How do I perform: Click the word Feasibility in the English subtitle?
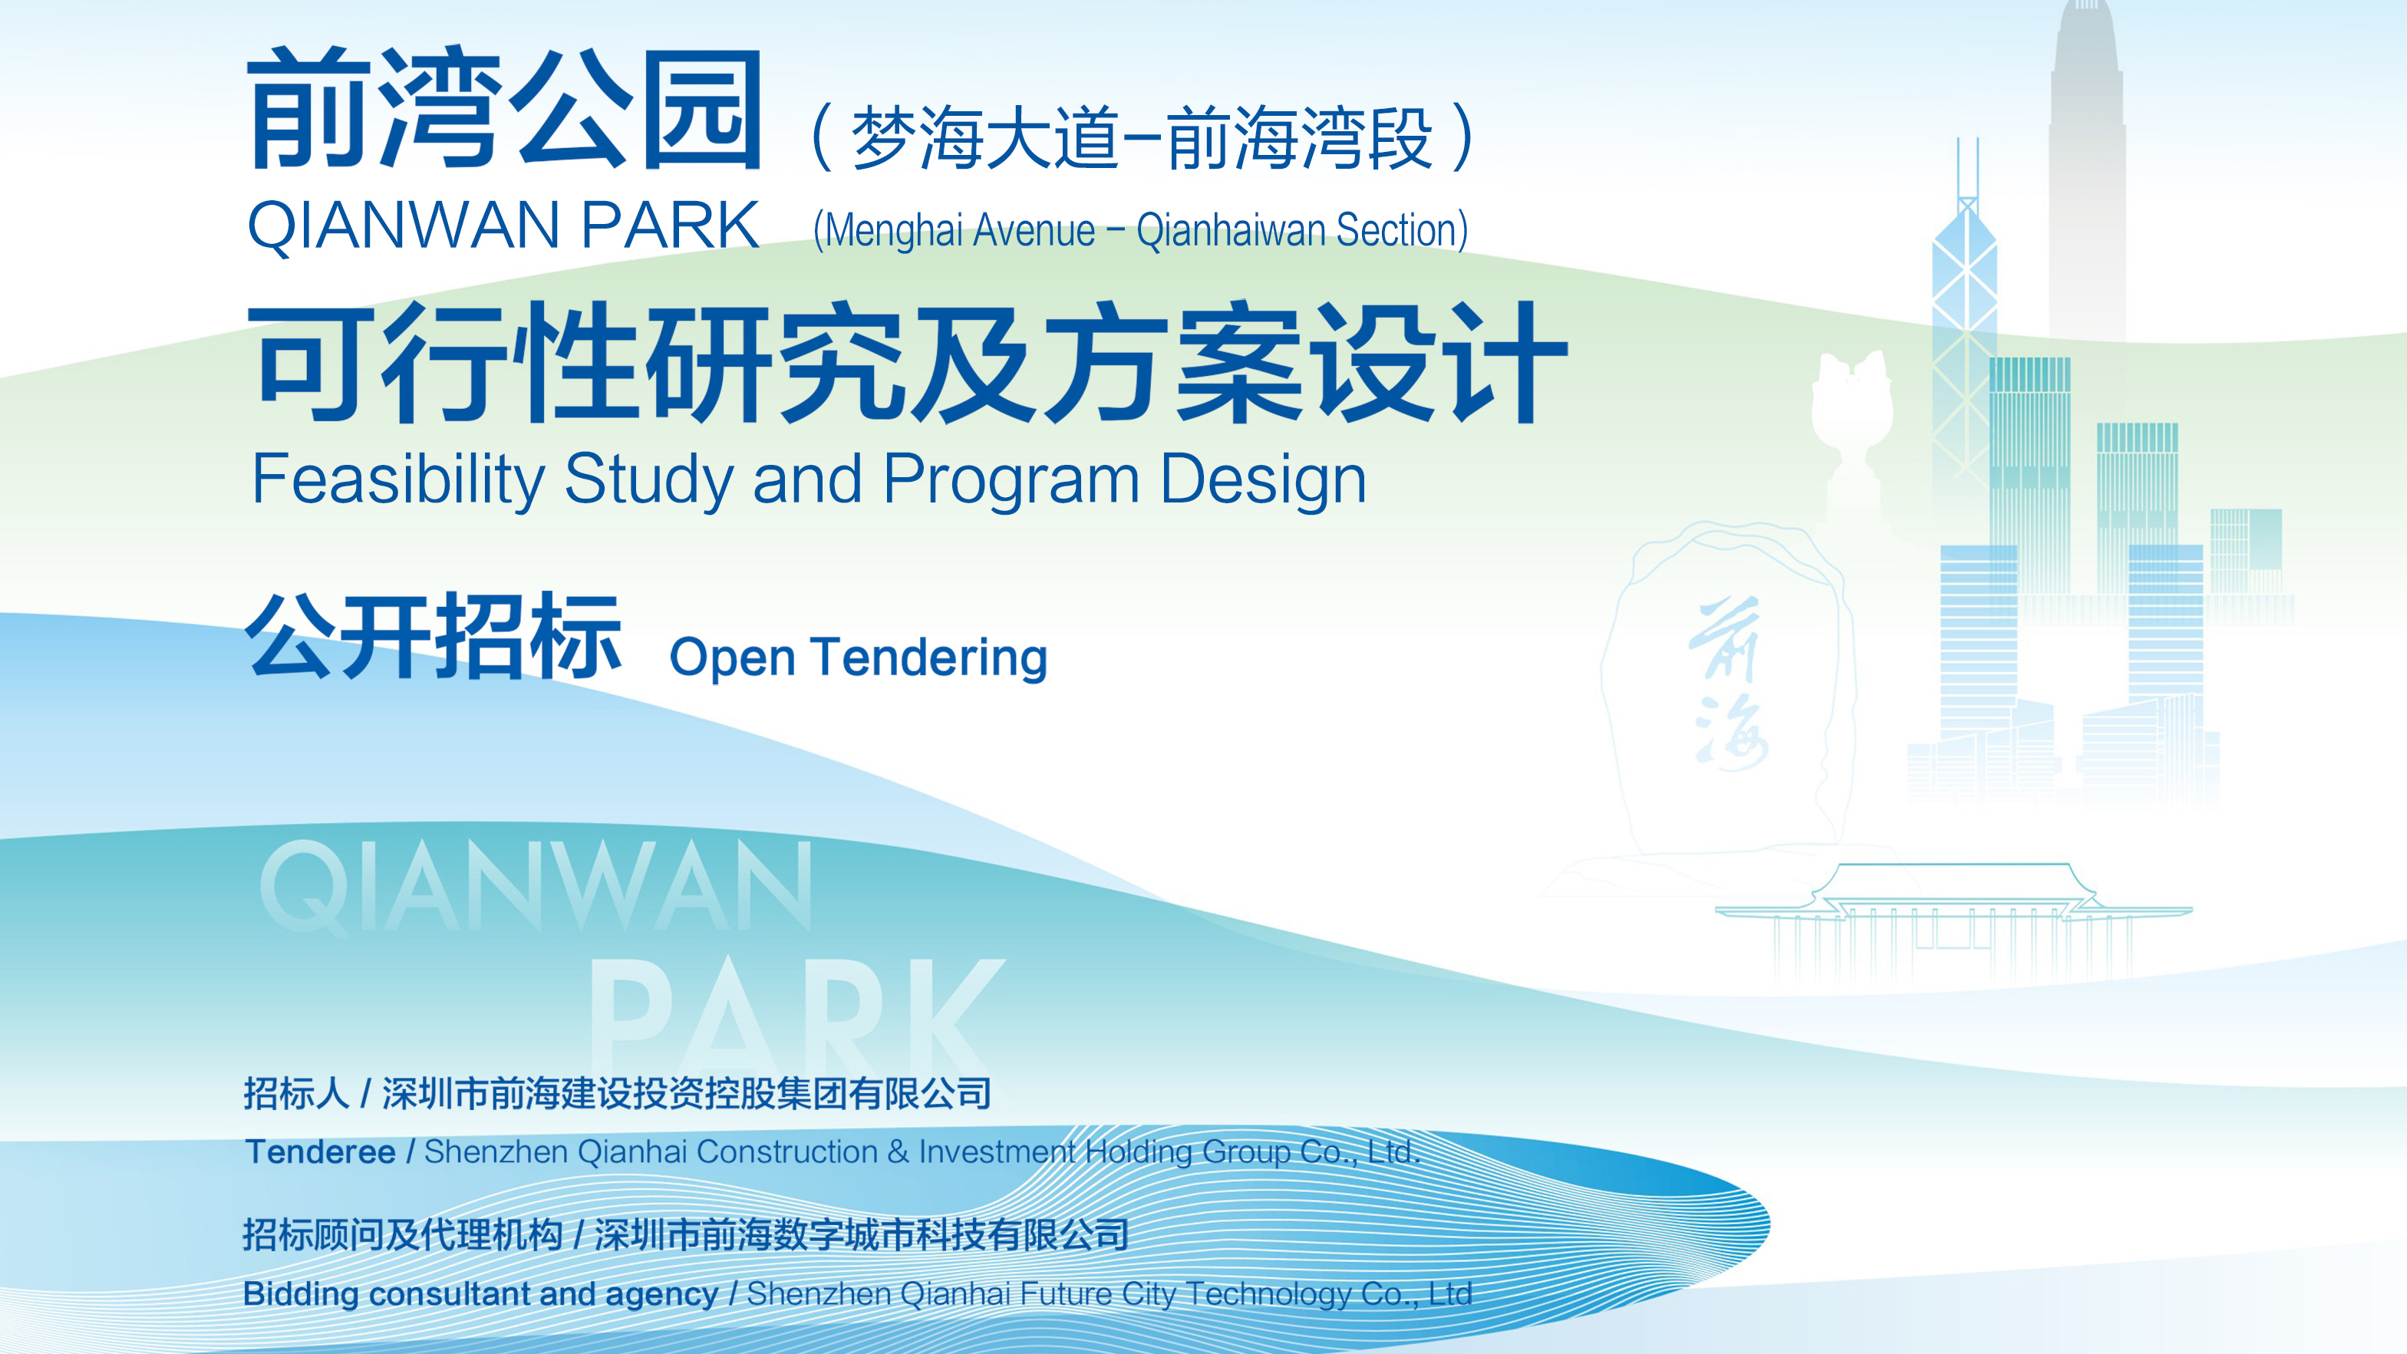click(398, 479)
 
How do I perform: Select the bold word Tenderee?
click(319, 1151)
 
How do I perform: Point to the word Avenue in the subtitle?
click(1034, 231)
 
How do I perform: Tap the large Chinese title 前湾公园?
click(505, 110)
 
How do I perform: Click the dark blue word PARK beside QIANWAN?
click(670, 226)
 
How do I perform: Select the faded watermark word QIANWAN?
click(536, 886)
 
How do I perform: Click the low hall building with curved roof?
click(1954, 921)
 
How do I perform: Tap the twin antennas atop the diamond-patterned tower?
click(1968, 168)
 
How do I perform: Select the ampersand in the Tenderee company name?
click(898, 1152)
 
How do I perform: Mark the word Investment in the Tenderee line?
click(997, 1152)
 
